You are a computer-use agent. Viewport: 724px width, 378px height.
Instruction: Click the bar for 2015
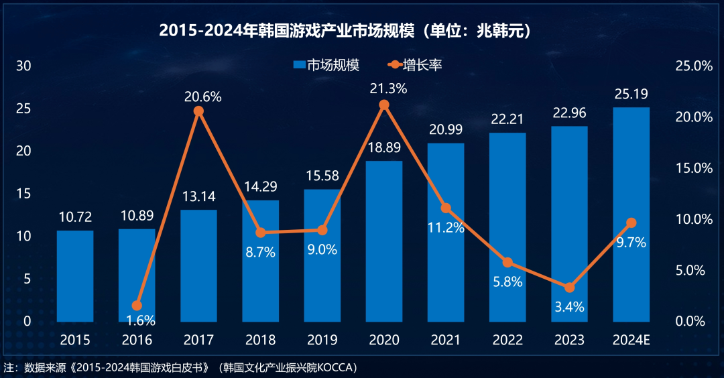(x=75, y=276)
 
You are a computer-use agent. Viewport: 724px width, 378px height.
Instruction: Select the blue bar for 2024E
(x=631, y=214)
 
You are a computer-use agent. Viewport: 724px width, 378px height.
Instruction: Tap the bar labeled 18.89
(x=384, y=241)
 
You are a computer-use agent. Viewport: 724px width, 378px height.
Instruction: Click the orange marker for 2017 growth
(x=198, y=111)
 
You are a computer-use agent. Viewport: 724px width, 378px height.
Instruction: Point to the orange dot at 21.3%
(x=384, y=105)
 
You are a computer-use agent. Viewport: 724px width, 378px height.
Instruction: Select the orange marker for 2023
(x=569, y=288)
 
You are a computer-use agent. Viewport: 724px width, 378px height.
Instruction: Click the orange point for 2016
(x=137, y=306)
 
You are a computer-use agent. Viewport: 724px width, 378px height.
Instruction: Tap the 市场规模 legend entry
(x=326, y=65)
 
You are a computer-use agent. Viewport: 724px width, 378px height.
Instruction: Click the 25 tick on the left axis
(x=24, y=109)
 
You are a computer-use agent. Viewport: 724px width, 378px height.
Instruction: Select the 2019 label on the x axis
(x=322, y=340)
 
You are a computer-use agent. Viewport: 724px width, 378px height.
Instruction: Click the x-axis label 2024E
(x=631, y=340)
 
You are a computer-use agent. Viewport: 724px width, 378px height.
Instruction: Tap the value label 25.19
(x=631, y=93)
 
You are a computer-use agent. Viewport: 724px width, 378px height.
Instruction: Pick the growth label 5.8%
(x=507, y=281)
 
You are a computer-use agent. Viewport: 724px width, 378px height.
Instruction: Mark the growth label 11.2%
(x=446, y=227)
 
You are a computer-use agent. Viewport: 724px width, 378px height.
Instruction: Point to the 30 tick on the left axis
(x=24, y=66)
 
